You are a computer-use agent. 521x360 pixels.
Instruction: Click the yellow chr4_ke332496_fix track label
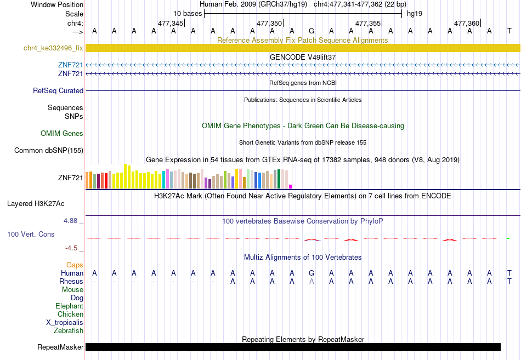(x=53, y=48)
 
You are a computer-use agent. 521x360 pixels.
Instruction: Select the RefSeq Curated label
(x=58, y=90)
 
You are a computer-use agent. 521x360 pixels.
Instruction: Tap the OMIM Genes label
(x=62, y=133)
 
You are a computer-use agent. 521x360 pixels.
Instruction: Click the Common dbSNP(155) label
(x=49, y=151)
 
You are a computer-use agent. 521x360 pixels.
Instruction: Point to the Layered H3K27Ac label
(x=36, y=204)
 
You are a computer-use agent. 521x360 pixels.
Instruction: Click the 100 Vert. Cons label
(x=31, y=234)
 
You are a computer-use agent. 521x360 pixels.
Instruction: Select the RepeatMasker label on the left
(x=60, y=347)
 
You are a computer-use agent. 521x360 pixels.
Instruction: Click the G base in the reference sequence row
(x=312, y=31)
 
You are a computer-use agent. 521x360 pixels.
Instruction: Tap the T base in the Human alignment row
(x=509, y=273)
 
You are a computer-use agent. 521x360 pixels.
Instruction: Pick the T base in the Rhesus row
(x=509, y=281)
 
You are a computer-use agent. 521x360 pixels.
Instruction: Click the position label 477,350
(x=269, y=23)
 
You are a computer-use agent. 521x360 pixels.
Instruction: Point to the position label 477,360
(x=467, y=23)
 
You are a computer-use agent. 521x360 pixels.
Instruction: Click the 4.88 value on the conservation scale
(x=70, y=221)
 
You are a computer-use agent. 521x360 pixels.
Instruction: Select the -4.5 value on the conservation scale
(x=71, y=248)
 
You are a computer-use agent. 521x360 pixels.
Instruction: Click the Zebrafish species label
(x=69, y=330)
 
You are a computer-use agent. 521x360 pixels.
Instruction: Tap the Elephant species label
(x=70, y=306)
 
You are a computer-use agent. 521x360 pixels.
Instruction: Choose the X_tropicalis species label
(x=65, y=323)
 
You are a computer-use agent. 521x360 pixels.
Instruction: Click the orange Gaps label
(x=75, y=265)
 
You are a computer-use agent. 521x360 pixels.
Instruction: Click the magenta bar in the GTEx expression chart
(x=291, y=187)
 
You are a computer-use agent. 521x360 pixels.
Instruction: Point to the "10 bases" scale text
(x=188, y=14)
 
